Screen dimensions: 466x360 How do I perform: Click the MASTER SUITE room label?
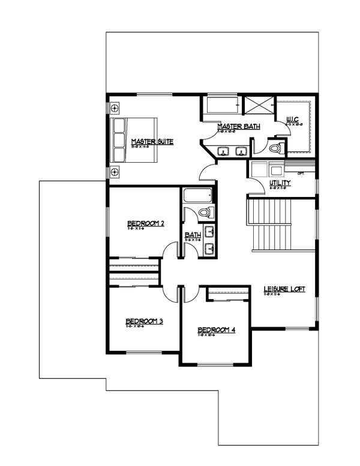click(x=152, y=142)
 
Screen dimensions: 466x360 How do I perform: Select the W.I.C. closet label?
click(x=293, y=119)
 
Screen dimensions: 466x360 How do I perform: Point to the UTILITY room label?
click(x=280, y=183)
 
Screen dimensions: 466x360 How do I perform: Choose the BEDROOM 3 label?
click(x=144, y=322)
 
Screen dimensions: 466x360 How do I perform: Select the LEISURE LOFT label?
click(x=284, y=289)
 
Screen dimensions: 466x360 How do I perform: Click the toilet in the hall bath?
click(x=204, y=213)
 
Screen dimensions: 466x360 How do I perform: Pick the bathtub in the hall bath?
click(x=197, y=196)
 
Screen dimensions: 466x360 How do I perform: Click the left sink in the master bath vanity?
click(x=224, y=151)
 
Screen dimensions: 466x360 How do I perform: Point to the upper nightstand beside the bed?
click(x=115, y=109)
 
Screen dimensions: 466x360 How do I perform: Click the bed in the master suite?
click(x=134, y=141)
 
